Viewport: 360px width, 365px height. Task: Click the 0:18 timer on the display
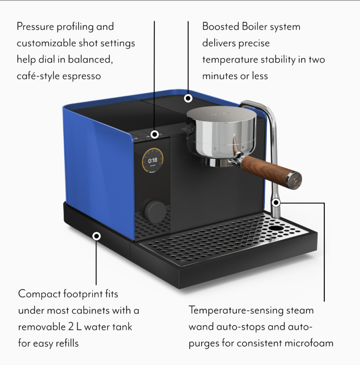click(152, 160)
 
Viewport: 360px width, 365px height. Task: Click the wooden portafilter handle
click(270, 169)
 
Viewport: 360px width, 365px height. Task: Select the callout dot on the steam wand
click(276, 202)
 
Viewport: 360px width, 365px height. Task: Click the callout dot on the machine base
click(97, 236)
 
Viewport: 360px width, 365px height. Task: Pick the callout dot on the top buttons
click(155, 134)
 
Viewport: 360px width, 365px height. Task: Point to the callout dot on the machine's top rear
click(188, 98)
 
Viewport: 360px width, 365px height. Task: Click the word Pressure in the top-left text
click(35, 27)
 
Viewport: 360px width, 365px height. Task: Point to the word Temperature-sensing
click(236, 310)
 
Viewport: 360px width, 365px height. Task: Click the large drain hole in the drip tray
click(275, 228)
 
